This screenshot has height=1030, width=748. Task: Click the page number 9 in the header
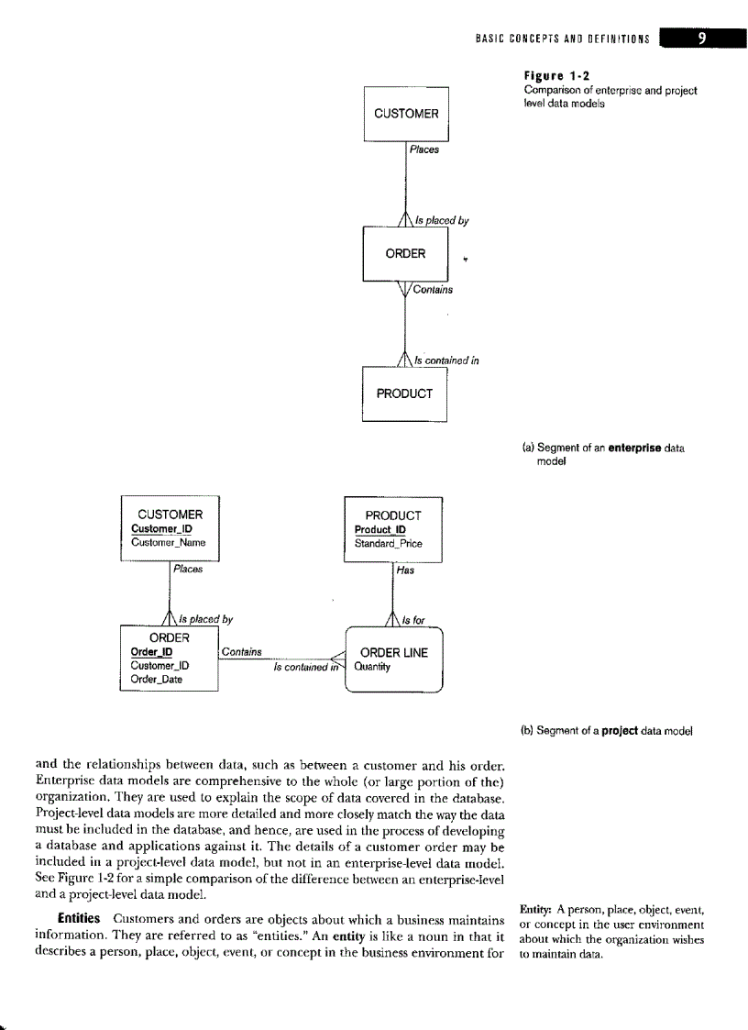(700, 38)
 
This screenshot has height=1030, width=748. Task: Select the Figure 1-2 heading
(556, 76)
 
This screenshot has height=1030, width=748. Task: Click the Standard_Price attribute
(388, 543)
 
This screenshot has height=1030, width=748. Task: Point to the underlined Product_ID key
(380, 529)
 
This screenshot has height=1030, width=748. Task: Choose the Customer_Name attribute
(169, 542)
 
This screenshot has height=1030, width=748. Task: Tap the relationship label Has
(406, 570)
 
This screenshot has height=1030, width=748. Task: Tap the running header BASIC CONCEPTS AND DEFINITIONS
(562, 39)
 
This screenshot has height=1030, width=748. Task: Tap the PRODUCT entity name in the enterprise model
(404, 393)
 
